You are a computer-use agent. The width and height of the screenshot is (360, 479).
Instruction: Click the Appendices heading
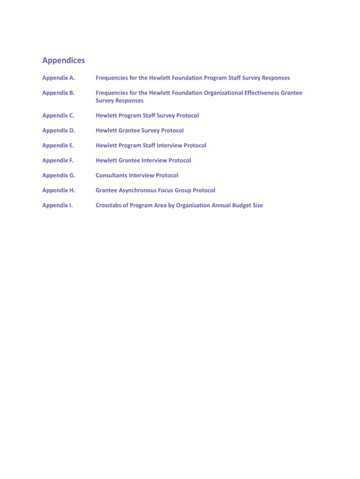(64, 60)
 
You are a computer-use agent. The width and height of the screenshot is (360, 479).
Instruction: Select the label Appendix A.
(58, 78)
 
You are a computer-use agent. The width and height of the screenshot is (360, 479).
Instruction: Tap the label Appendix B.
(58, 93)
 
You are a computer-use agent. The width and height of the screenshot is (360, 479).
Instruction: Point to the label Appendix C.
(58, 116)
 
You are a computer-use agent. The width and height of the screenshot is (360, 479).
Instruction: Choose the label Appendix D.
(58, 131)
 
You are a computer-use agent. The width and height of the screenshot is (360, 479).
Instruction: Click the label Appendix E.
(58, 145)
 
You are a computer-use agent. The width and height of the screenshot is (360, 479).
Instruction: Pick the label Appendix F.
(58, 160)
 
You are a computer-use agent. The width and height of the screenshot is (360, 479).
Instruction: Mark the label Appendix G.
(58, 175)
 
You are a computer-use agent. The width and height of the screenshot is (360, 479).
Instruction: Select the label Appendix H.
(58, 190)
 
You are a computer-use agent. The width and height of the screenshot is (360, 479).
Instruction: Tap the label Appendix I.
(58, 205)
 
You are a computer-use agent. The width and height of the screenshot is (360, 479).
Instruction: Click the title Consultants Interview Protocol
(137, 175)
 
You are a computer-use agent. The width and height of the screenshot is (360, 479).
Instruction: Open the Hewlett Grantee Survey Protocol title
(140, 131)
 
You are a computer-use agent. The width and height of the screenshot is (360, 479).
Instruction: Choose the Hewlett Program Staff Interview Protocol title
(151, 145)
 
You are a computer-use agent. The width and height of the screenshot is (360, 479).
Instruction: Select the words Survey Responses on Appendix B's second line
(120, 101)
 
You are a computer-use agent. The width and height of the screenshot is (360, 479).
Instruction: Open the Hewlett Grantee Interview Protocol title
(144, 160)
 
